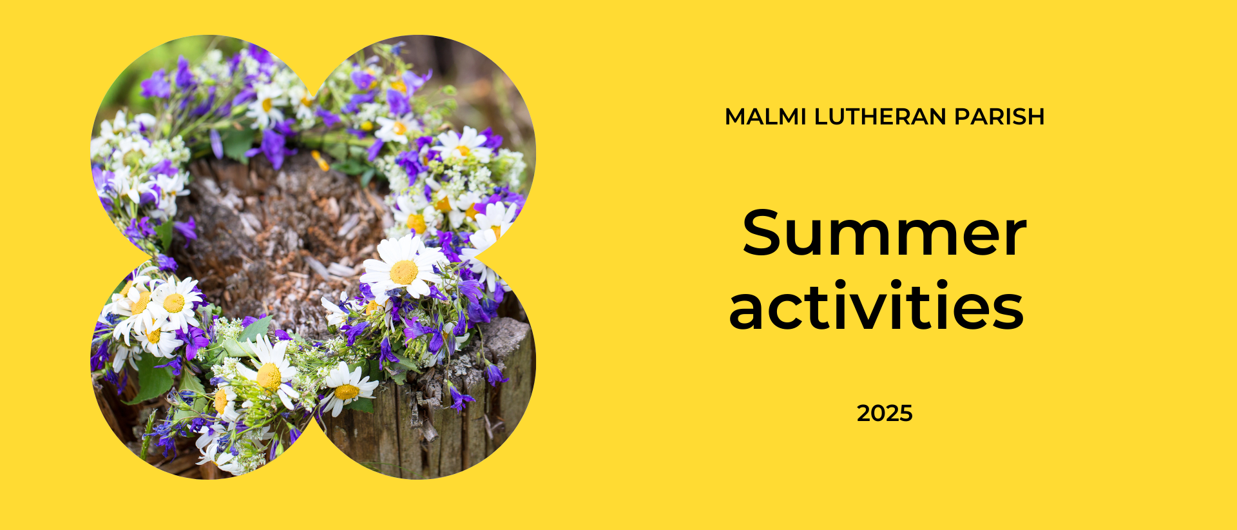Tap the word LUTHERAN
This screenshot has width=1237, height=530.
click(x=879, y=117)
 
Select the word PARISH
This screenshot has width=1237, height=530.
click(x=999, y=117)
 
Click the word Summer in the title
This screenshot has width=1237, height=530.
click(x=884, y=233)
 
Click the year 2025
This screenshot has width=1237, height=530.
click(x=885, y=413)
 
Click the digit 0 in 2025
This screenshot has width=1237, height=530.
click(x=877, y=413)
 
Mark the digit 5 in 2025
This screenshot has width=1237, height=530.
click(x=906, y=413)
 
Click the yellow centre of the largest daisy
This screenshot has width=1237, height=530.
click(x=404, y=271)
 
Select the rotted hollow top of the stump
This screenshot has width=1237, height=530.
click(x=283, y=232)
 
